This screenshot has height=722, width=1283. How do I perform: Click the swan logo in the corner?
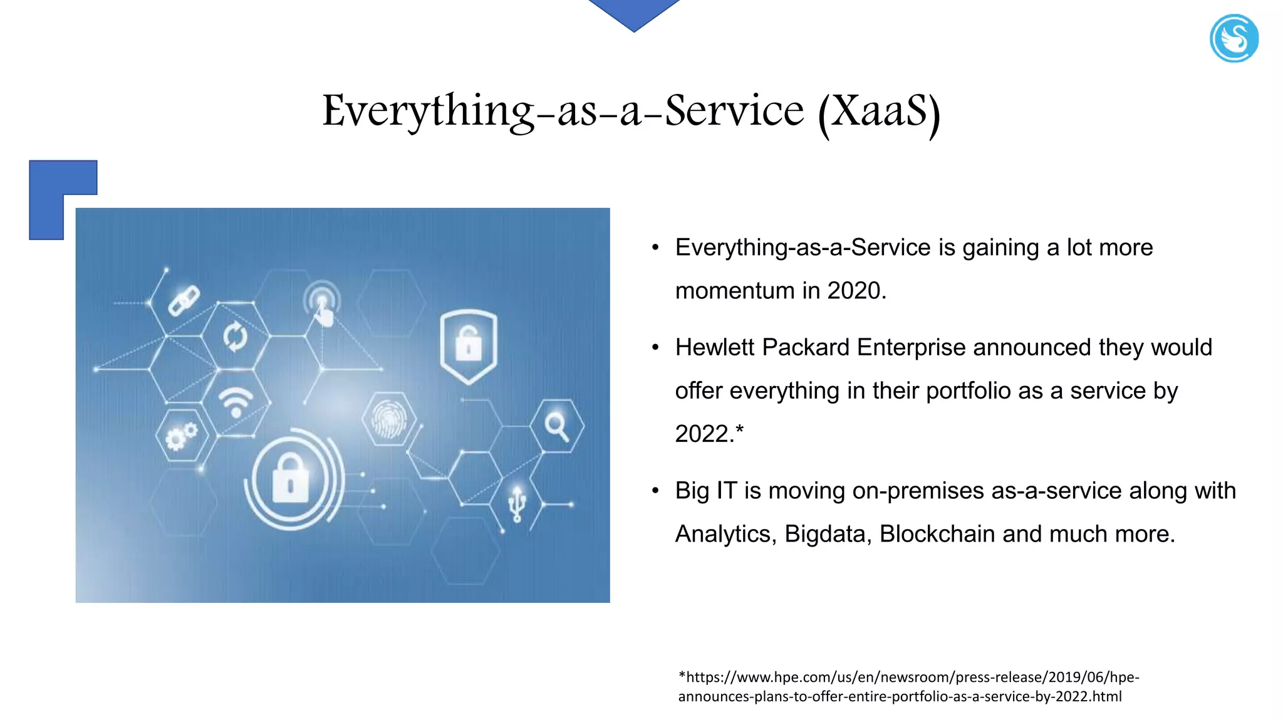click(x=1234, y=39)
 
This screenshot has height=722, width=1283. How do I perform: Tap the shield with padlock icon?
click(x=469, y=345)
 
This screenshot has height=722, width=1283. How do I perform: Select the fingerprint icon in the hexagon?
click(x=389, y=419)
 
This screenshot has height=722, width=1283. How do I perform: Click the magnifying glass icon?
click(x=556, y=426)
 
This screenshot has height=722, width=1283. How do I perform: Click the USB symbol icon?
click(x=517, y=504)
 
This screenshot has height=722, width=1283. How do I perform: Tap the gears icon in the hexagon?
click(x=181, y=436)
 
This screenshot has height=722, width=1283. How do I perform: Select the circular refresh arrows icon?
click(x=236, y=337)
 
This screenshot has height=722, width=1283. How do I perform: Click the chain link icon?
click(x=184, y=300)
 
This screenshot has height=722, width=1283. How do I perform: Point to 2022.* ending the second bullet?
click(x=709, y=434)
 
